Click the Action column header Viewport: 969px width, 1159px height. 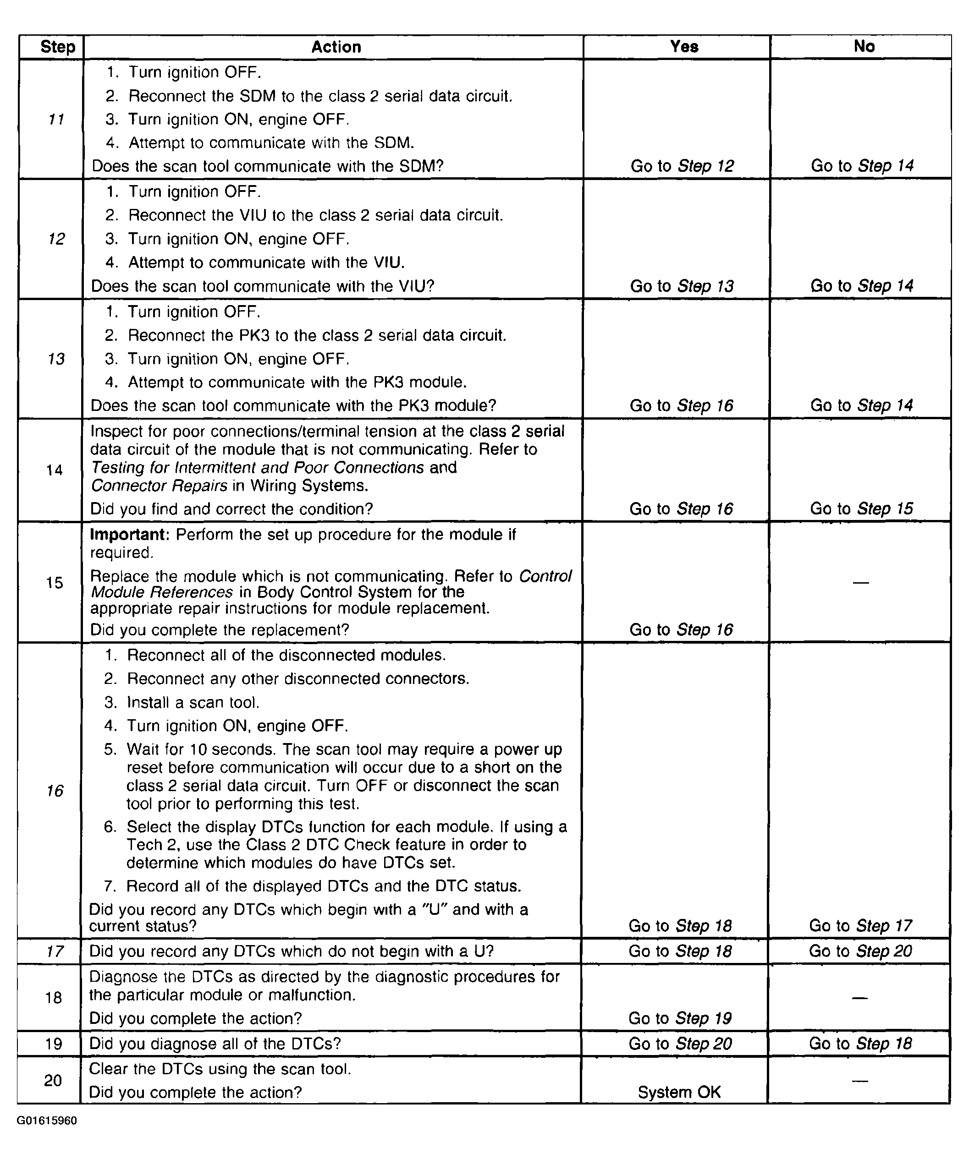336,47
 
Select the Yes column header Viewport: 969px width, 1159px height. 683,46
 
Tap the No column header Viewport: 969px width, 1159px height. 864,46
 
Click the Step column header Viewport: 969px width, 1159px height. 57,47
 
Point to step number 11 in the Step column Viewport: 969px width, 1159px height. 56,119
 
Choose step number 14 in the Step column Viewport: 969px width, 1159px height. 55,470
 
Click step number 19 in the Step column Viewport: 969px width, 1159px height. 54,1044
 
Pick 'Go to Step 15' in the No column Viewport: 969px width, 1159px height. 861,508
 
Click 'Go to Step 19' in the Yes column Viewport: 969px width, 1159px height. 680,1018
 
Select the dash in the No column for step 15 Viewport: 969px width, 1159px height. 860,582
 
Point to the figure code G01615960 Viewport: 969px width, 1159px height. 47,1121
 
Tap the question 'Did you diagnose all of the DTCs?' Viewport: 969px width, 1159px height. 215,1044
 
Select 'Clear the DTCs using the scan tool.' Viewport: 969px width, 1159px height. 220,1069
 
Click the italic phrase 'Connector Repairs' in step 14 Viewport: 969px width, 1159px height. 159,486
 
